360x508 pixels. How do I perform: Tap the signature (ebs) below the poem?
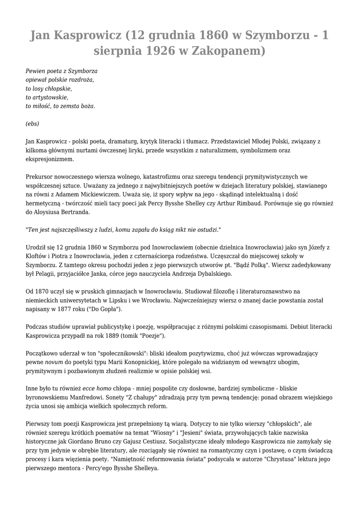pos(32,124)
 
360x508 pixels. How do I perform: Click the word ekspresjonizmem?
pos(50,159)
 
